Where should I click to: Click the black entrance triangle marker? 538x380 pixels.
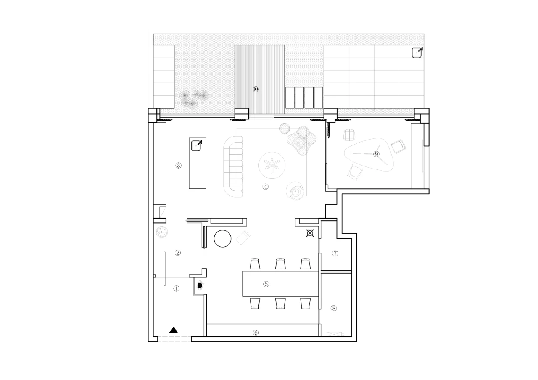pyautogui.click(x=173, y=330)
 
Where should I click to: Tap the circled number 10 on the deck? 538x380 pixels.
pyautogui.click(x=256, y=89)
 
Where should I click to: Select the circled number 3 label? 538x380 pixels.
pyautogui.click(x=178, y=165)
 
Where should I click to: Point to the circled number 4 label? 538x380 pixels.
pyautogui.click(x=265, y=186)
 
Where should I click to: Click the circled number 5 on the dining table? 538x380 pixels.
pyautogui.click(x=266, y=284)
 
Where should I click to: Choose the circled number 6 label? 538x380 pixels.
pyautogui.click(x=256, y=332)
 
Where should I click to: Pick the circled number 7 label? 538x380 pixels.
pyautogui.click(x=335, y=253)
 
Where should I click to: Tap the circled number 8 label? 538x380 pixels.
pyautogui.click(x=334, y=308)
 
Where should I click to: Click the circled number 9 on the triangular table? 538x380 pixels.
pyautogui.click(x=376, y=154)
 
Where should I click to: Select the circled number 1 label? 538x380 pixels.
pyautogui.click(x=176, y=288)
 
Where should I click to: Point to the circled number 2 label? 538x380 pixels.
pyautogui.click(x=178, y=253)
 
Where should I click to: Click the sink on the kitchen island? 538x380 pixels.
pyautogui.click(x=196, y=146)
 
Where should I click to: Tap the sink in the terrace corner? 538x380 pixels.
pyautogui.click(x=417, y=53)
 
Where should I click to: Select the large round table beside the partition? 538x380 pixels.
pyautogui.click(x=222, y=238)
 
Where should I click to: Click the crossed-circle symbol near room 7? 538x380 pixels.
pyautogui.click(x=310, y=233)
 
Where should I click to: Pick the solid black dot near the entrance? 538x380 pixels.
pyautogui.click(x=200, y=285)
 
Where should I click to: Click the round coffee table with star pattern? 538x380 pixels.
pyautogui.click(x=272, y=166)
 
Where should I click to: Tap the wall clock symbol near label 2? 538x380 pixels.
pyautogui.click(x=162, y=232)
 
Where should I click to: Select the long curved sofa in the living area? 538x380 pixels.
pyautogui.click(x=233, y=167)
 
